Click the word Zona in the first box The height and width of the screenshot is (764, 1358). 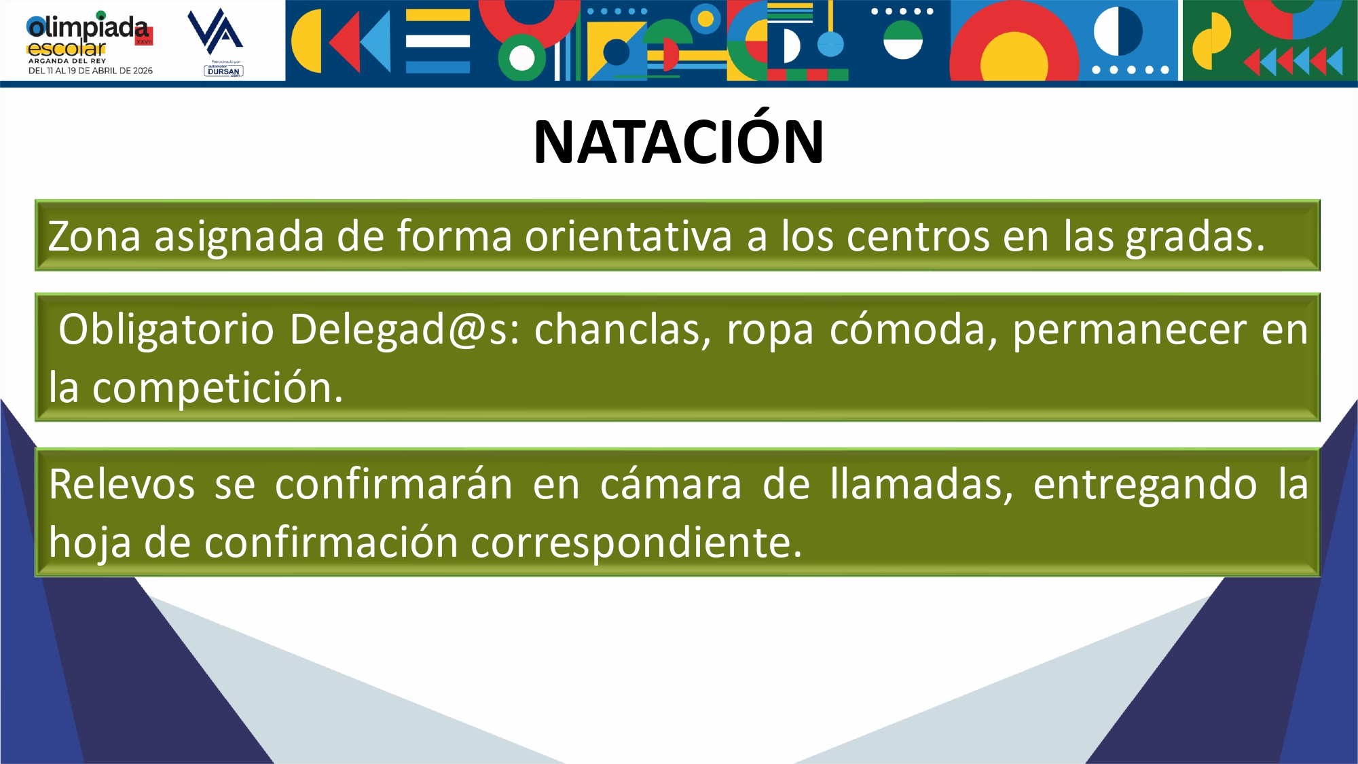[94, 236]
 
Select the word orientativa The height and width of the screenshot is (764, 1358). [628, 236]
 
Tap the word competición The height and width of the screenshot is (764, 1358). [217, 389]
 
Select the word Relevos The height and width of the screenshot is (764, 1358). [122, 485]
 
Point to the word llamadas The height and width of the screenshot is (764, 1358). [921, 486]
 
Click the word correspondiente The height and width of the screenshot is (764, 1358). [636, 545]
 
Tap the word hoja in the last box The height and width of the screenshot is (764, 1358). [90, 544]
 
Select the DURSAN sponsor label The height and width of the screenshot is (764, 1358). [223, 71]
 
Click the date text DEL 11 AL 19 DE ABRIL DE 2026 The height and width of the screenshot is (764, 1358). [90, 71]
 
